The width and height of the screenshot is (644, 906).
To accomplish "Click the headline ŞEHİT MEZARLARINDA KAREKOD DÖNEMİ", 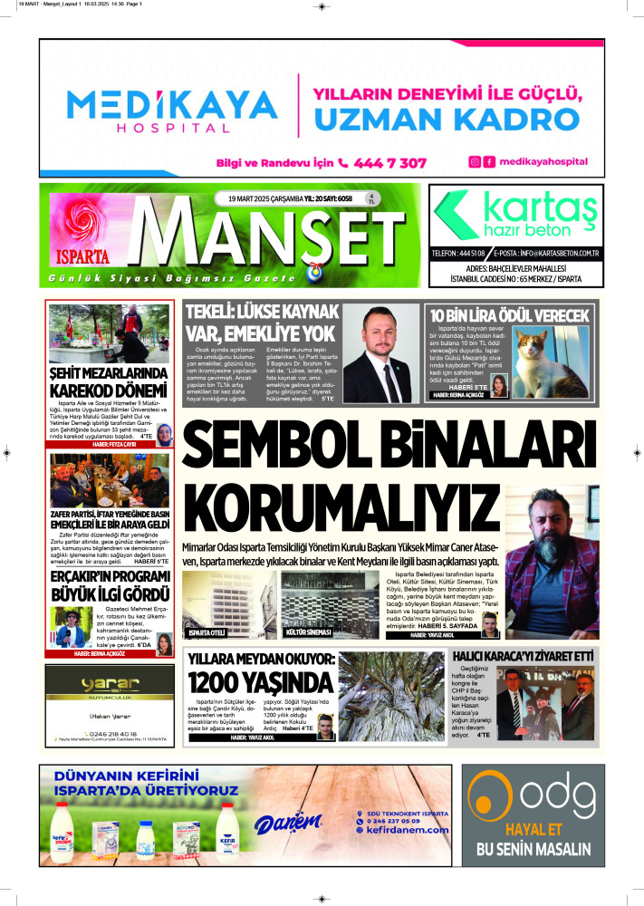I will (110, 381).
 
